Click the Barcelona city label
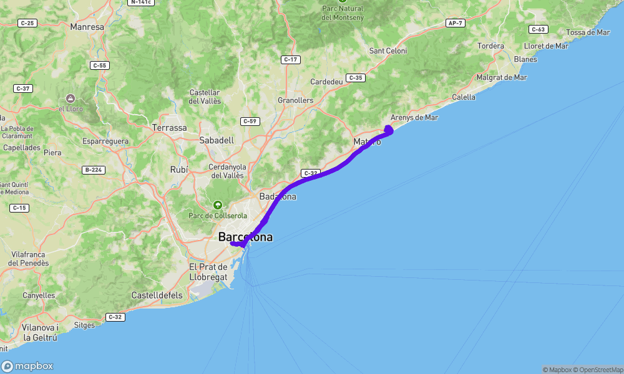coord(245,237)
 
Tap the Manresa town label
coord(87,27)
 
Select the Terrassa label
coord(169,127)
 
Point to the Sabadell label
coord(217,140)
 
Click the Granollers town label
coord(295,100)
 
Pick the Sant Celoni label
coord(388,50)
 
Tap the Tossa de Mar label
coord(587,32)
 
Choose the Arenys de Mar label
coord(414,117)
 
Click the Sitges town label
coord(84,325)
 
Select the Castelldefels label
coord(156,294)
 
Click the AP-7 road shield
coord(455,23)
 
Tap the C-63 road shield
coord(538,29)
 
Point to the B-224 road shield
coord(92,170)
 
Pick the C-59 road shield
coord(250,121)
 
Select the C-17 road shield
coord(291,60)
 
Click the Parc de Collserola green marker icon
coord(218,204)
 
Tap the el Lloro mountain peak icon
coord(71,98)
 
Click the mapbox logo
coord(27,367)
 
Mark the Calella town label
coord(463,97)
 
